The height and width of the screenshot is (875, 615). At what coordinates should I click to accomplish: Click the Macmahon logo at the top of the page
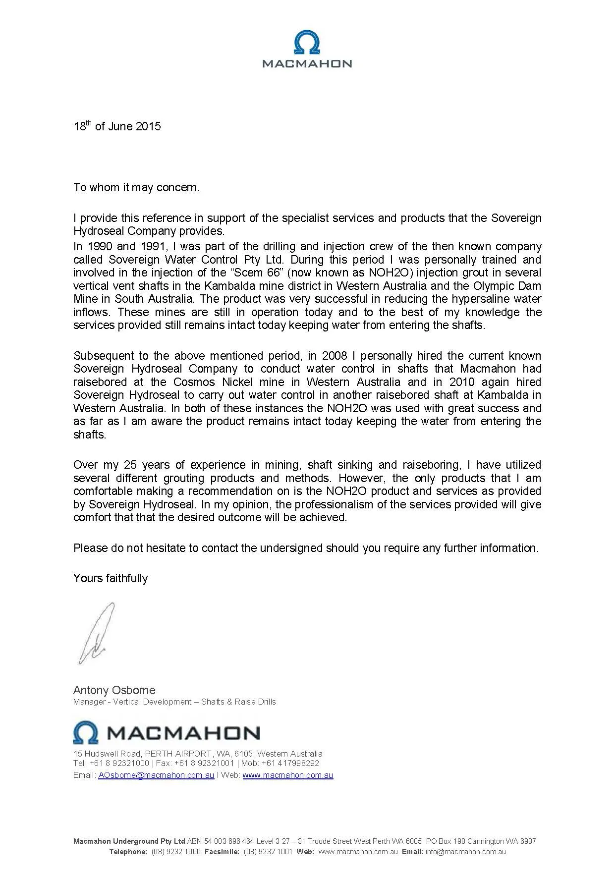coord(307,49)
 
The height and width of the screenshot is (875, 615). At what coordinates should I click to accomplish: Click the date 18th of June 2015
coord(117,126)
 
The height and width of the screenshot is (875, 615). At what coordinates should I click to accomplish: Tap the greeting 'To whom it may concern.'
coord(136,187)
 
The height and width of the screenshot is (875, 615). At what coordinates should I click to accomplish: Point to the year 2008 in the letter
coord(335,356)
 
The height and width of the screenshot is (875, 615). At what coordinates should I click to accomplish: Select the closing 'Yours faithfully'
coord(111,578)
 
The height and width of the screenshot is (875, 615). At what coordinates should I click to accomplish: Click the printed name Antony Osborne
coord(114,690)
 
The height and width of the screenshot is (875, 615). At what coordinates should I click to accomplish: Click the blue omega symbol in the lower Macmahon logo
coord(85,733)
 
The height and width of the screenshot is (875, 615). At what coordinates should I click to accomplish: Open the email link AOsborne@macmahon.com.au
coord(156,775)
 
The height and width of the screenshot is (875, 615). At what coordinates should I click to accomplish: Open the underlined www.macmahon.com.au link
coord(287,775)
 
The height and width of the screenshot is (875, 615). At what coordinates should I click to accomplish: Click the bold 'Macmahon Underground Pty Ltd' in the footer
coord(129,841)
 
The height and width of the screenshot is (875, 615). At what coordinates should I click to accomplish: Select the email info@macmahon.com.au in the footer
coord(465,852)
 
